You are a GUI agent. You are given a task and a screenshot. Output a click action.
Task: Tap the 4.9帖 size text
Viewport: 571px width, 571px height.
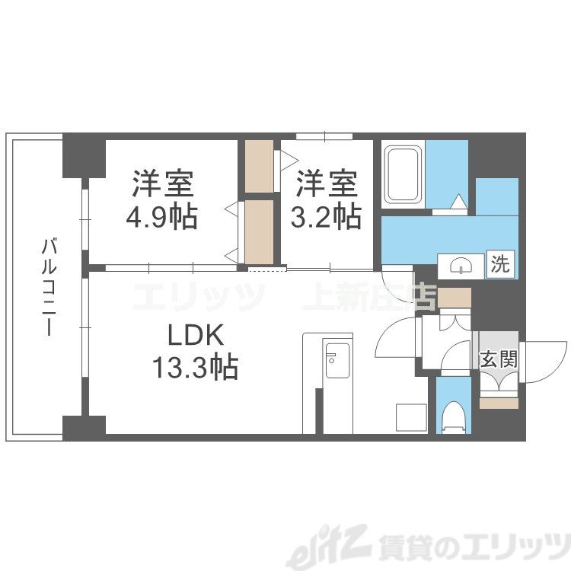(x=161, y=217)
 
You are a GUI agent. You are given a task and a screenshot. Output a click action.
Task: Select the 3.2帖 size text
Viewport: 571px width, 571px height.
(x=326, y=217)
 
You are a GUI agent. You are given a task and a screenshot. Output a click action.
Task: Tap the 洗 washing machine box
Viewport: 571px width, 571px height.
(x=499, y=265)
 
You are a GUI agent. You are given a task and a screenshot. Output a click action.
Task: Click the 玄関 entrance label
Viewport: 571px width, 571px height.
(x=499, y=359)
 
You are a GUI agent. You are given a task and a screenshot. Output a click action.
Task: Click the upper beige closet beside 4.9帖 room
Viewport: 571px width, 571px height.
(x=259, y=166)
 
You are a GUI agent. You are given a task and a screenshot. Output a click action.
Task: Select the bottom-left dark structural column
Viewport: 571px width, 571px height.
(x=84, y=428)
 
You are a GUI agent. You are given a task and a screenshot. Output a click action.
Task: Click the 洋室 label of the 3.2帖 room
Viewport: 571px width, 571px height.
(x=326, y=184)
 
